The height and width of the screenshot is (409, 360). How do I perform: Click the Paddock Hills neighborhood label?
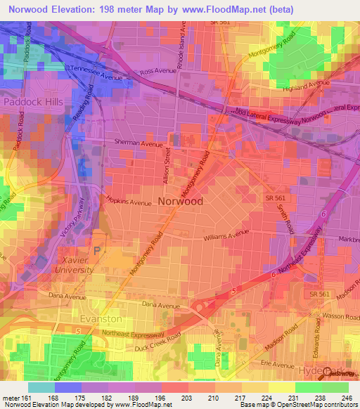tap(34, 102)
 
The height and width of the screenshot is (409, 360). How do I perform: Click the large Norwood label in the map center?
tap(181, 201)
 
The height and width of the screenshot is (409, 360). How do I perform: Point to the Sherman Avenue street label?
tap(138, 143)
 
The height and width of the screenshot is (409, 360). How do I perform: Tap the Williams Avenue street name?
tap(226, 237)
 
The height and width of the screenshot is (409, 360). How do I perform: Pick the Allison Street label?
tap(168, 166)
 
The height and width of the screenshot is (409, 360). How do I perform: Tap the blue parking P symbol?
tap(98, 249)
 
